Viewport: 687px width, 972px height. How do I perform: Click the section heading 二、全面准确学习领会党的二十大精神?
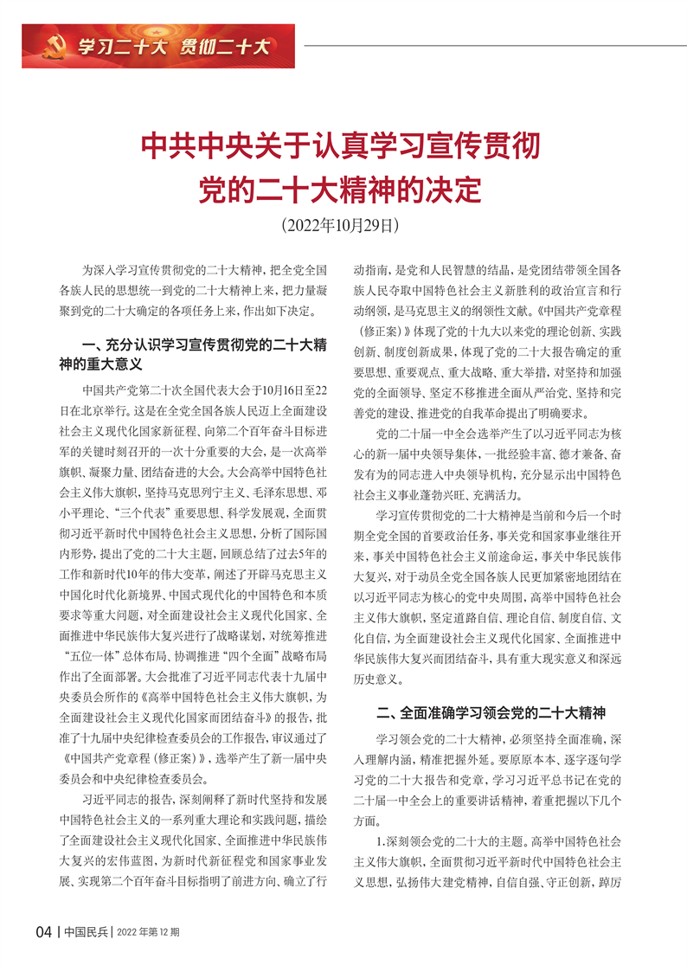pyautogui.click(x=491, y=714)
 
